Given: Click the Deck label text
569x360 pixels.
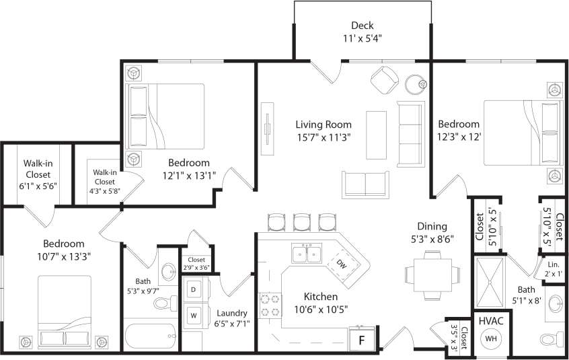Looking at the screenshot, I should (x=362, y=26).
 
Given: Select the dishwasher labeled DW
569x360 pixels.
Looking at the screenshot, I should (x=341, y=263).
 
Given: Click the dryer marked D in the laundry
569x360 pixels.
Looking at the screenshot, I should (x=194, y=289).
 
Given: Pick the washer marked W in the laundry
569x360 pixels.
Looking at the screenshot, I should (x=194, y=314).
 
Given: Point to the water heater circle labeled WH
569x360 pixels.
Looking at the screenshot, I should (x=492, y=338).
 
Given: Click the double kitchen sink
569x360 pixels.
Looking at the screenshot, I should (x=306, y=254).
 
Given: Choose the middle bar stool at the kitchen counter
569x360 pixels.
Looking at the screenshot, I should (x=301, y=221).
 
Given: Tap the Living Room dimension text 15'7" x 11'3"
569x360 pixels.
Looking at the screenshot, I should (x=323, y=137).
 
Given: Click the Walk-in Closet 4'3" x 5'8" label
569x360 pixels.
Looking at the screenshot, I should (x=104, y=182).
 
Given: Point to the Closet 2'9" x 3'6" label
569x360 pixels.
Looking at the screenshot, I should (x=196, y=263).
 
